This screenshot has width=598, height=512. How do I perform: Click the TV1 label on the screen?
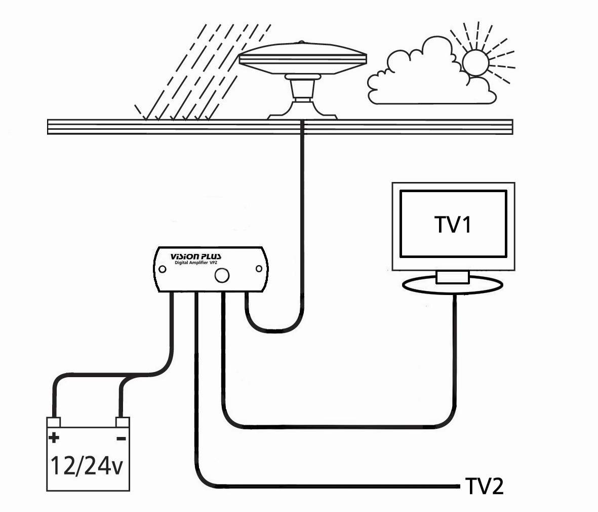pyautogui.click(x=453, y=225)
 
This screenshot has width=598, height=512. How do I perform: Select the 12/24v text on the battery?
pyautogui.click(x=86, y=465)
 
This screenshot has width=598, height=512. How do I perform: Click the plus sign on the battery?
pyautogui.click(x=54, y=437)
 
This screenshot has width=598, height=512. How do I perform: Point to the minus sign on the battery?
pyautogui.click(x=121, y=438)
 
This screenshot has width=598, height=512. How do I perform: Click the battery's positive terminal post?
pyautogui.click(x=54, y=422)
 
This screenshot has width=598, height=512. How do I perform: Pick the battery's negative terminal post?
pyautogui.click(x=122, y=422)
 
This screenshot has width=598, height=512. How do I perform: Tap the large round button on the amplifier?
pyautogui.click(x=221, y=275)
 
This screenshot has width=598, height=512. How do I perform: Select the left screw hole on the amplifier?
pyautogui.click(x=163, y=269)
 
